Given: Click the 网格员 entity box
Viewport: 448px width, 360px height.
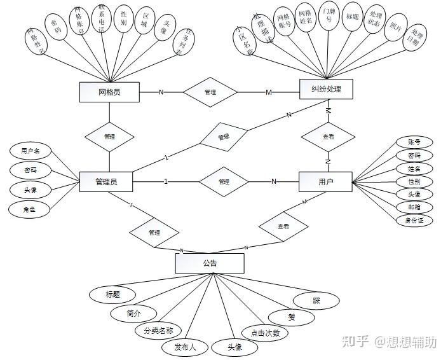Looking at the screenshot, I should coord(109,92).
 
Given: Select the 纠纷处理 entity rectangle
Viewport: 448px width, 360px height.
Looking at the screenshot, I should coord(326,89).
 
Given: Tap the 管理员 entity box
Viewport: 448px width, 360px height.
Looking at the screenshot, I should coord(105,182).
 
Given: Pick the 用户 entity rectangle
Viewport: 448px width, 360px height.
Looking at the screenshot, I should coord(325,183).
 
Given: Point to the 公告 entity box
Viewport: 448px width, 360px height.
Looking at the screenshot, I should coord(210,263).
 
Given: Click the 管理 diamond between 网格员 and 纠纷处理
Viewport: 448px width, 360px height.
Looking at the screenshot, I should coord(210,92).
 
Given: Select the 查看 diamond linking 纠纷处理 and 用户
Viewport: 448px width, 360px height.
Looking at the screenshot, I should coord(328,136).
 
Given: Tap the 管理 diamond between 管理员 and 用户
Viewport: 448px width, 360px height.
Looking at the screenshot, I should coord(224,182).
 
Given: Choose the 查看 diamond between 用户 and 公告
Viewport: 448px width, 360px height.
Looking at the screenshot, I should coord(283,226).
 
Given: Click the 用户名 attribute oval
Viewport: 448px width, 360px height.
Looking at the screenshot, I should coord(31,151).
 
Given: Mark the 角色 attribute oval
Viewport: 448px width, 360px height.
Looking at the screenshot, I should coord(30,208).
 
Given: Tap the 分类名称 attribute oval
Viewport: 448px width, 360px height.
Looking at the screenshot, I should coord(158,331).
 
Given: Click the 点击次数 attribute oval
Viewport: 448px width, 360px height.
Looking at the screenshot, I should coord(265,333).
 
